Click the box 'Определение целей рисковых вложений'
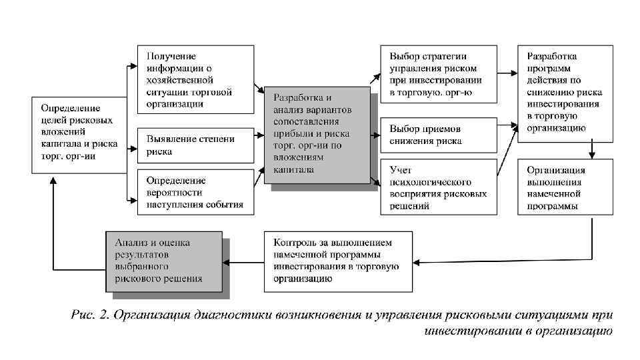[79, 135]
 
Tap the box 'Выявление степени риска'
[195, 145]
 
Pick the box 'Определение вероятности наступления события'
[195, 192]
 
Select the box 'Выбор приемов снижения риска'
[439, 134]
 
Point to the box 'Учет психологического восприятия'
[439, 186]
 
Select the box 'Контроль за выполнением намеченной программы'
[339, 261]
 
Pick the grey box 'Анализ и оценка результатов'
[163, 261]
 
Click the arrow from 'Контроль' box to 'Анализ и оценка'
[243, 261]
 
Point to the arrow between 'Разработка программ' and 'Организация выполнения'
[591, 150]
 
